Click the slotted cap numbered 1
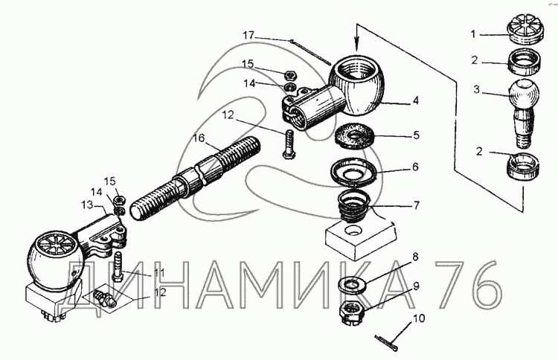[525, 30]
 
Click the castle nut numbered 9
[352, 312]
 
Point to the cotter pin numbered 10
[386, 343]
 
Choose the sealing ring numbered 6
[353, 173]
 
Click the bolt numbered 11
[118, 267]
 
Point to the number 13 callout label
[87, 205]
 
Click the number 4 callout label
[416, 100]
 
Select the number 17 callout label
[249, 35]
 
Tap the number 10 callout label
[419, 318]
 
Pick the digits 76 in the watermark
[469, 286]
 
